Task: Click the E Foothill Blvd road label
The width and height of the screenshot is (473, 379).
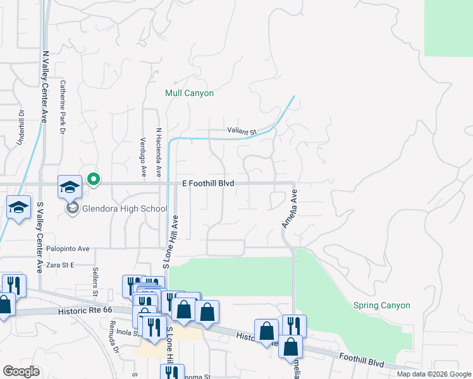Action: (x=208, y=183)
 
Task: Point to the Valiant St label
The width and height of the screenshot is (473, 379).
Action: (x=241, y=131)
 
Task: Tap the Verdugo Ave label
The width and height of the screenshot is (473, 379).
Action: (x=143, y=156)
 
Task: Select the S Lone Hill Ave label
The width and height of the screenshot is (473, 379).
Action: (x=168, y=243)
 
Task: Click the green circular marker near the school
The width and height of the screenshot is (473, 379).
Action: (x=94, y=180)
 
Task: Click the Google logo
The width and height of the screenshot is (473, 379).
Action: (x=21, y=371)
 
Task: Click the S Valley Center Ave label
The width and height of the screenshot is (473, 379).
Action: (x=39, y=237)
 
